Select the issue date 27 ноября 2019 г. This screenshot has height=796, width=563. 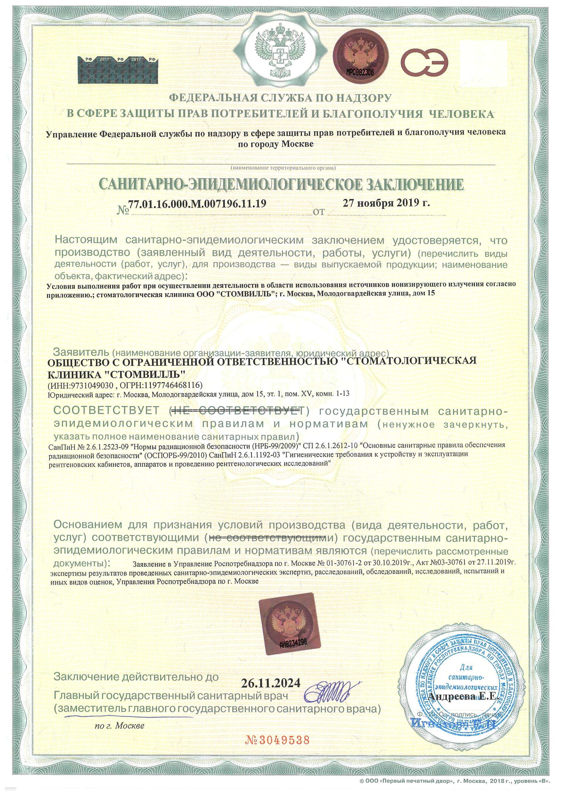[386, 203]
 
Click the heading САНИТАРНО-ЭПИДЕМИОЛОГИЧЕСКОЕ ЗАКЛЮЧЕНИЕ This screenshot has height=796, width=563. [281, 185]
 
